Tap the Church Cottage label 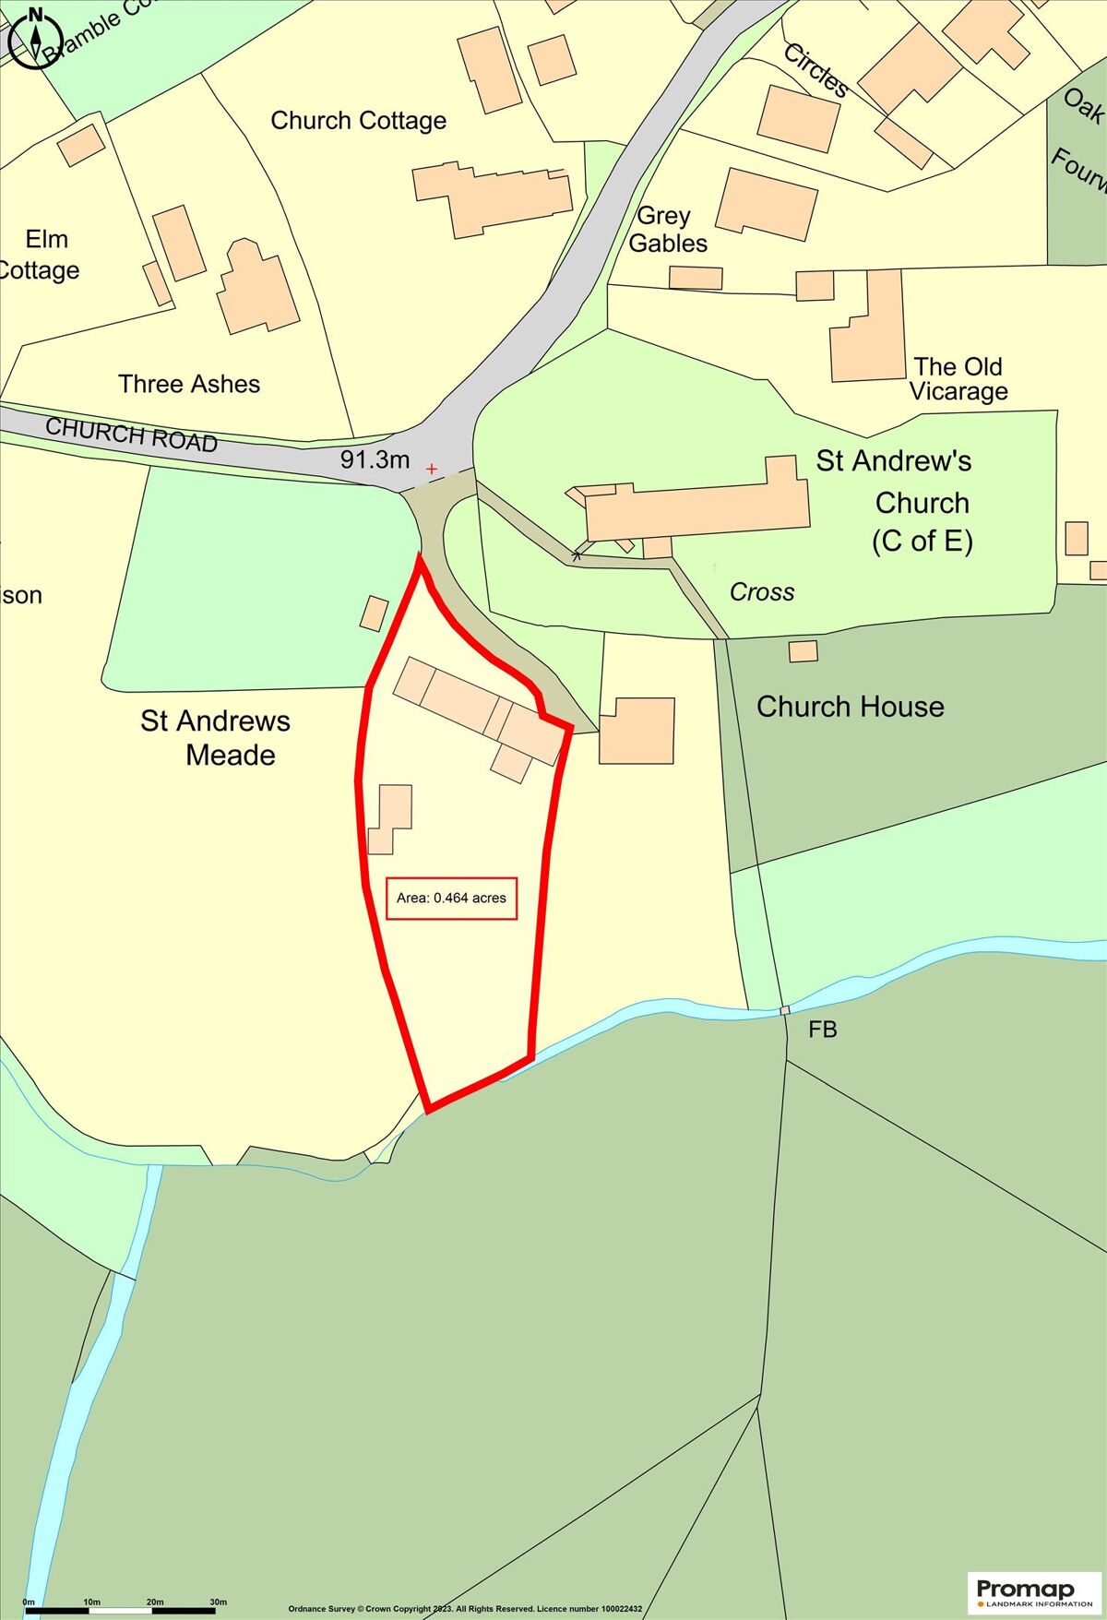[x=358, y=121]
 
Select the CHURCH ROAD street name [x=131, y=434]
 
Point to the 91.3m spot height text [x=375, y=459]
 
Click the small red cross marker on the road [x=432, y=470]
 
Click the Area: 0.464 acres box [x=451, y=898]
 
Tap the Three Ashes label [x=189, y=384]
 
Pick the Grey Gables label [x=667, y=230]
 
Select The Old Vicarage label [x=958, y=379]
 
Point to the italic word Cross [x=761, y=592]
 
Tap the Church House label [x=850, y=707]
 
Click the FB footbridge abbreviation [x=822, y=1030]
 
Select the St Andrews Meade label [x=216, y=738]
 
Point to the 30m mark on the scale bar [x=218, y=1602]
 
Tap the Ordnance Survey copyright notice [x=465, y=1609]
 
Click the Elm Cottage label [x=42, y=255]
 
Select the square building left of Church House [x=637, y=731]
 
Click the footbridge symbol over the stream [x=785, y=1011]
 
